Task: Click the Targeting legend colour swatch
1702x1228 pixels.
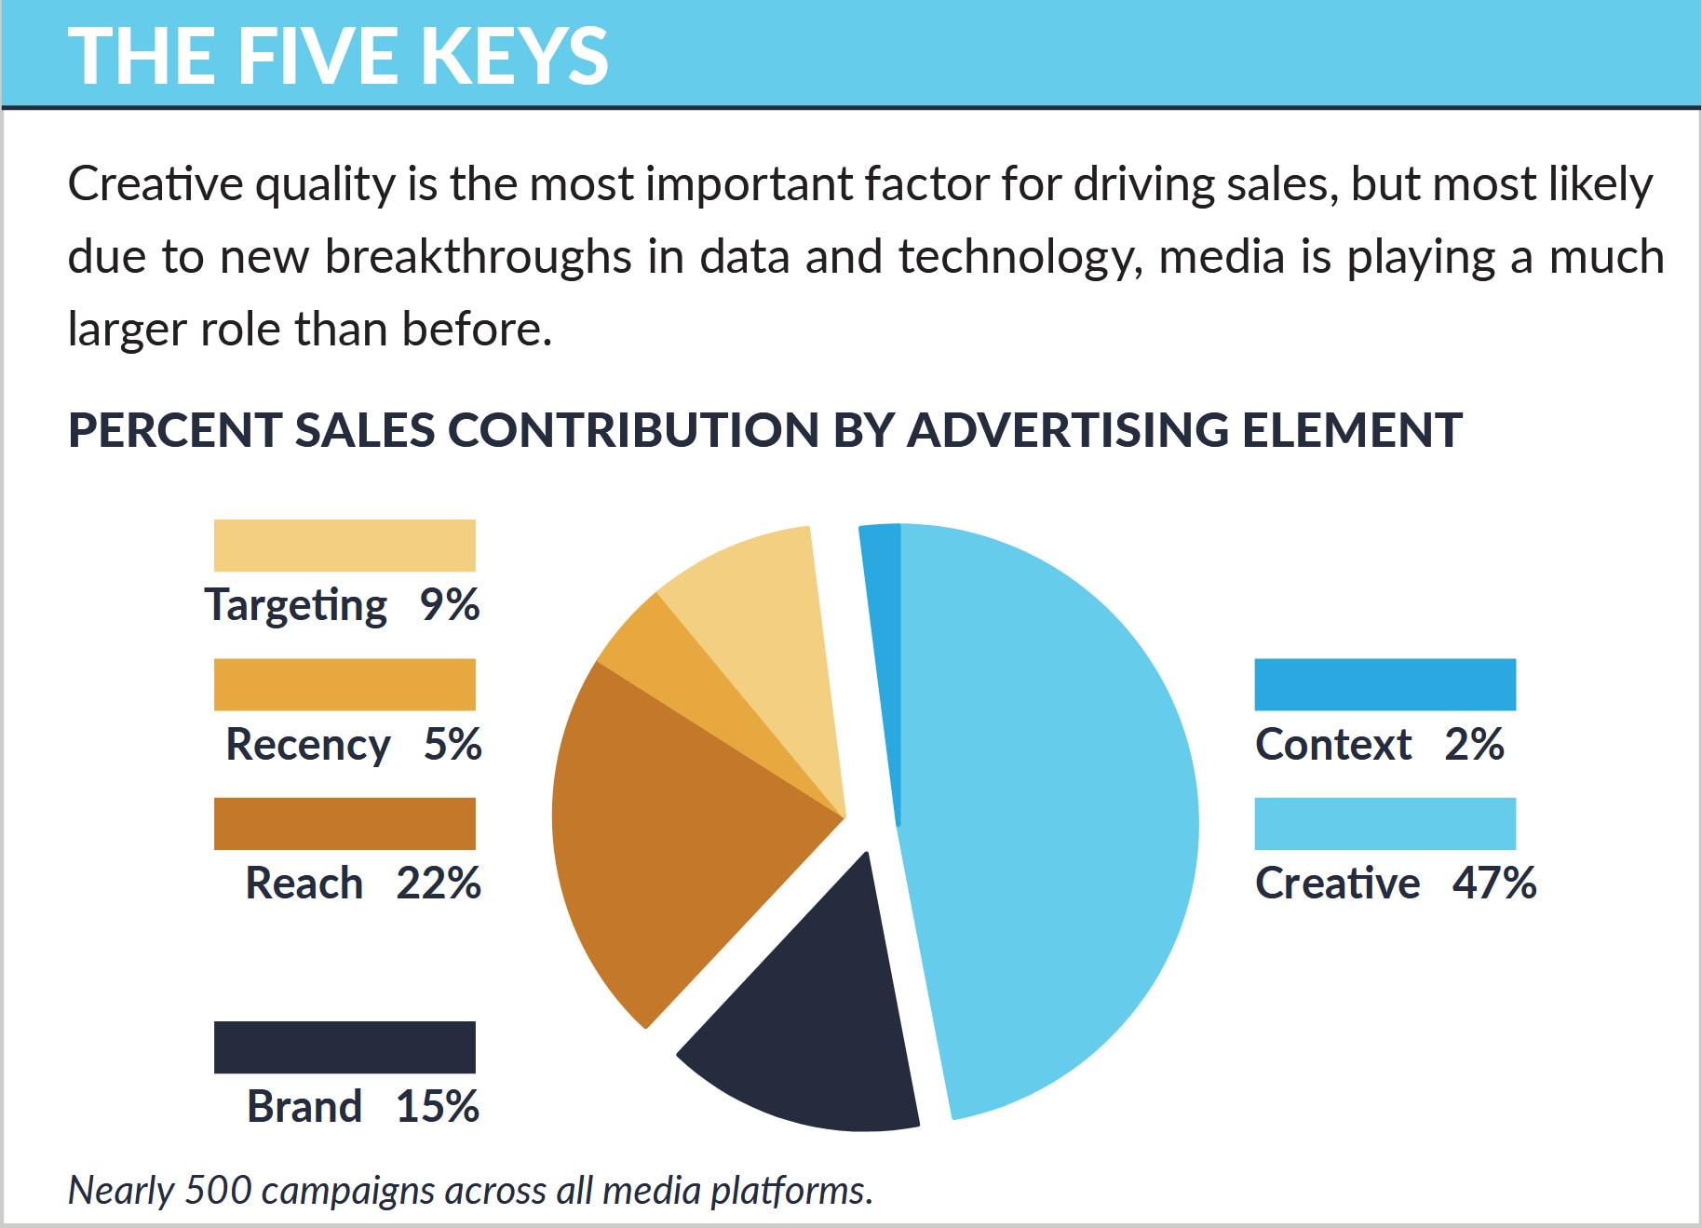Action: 344,546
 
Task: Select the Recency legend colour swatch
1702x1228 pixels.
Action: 344,684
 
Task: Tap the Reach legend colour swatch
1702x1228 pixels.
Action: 344,823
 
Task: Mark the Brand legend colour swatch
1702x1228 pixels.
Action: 344,1046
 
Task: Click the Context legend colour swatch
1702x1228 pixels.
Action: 1385,684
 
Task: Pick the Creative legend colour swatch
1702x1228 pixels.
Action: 1385,823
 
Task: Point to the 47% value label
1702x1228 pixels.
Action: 1493,883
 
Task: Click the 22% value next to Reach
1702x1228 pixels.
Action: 439,883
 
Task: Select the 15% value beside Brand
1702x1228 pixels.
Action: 438,1106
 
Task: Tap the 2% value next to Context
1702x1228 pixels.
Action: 1474,744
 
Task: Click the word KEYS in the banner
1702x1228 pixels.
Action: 514,56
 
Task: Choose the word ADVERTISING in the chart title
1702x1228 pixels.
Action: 1068,430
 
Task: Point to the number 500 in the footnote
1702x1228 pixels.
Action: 218,1190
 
